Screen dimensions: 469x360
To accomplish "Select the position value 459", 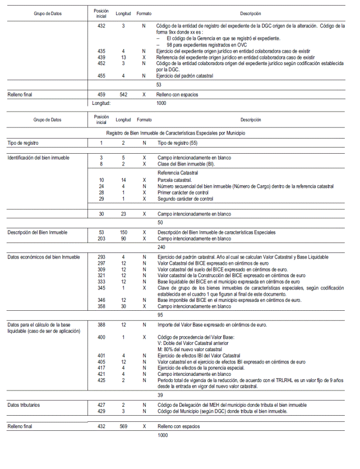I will [101, 94].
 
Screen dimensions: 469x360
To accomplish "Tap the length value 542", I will [123, 94].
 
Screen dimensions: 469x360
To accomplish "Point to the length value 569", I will [123, 426].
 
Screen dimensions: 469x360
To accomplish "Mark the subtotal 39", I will [161, 394].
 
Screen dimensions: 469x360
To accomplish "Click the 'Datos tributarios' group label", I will [24, 404].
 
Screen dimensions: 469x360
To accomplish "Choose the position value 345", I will [101, 287].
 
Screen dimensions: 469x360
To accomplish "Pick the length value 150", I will [123, 232].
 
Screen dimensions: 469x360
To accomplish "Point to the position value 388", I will [101, 325].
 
